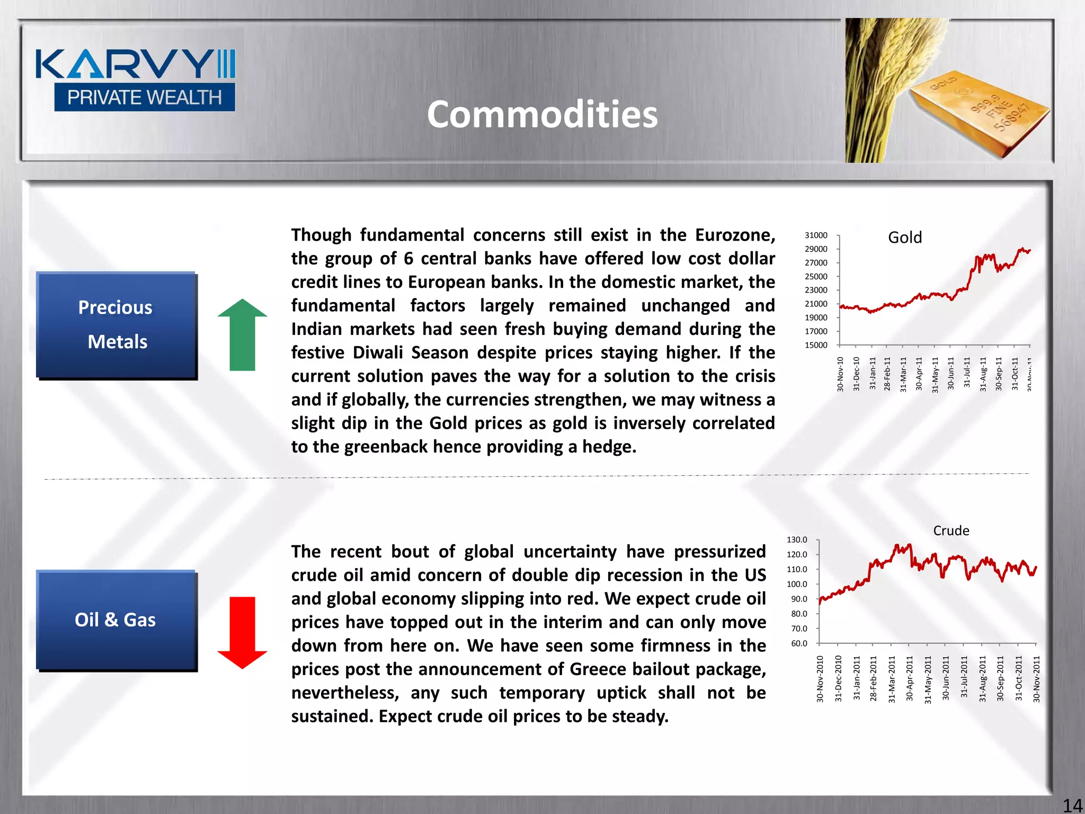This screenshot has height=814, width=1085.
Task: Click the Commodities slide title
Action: click(x=542, y=114)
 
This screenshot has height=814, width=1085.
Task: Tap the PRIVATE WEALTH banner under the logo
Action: click(x=144, y=98)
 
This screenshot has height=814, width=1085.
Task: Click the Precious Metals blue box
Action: click(x=116, y=325)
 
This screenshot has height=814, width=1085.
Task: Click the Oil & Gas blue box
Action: click(x=116, y=620)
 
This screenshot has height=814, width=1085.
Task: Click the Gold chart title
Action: click(x=905, y=237)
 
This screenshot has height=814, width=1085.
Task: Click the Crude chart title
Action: click(x=951, y=530)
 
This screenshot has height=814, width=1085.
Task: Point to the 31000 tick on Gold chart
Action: click(x=816, y=235)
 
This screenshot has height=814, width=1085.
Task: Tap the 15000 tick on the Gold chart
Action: click(x=816, y=345)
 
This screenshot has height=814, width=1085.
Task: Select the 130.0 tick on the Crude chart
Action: click(x=797, y=540)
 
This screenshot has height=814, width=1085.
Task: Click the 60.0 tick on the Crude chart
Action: click(x=799, y=643)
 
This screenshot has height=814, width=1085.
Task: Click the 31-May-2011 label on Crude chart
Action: click(x=928, y=679)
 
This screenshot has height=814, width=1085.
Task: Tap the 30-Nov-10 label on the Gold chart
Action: click(x=840, y=374)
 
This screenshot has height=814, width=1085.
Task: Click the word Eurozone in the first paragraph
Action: click(x=735, y=235)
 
